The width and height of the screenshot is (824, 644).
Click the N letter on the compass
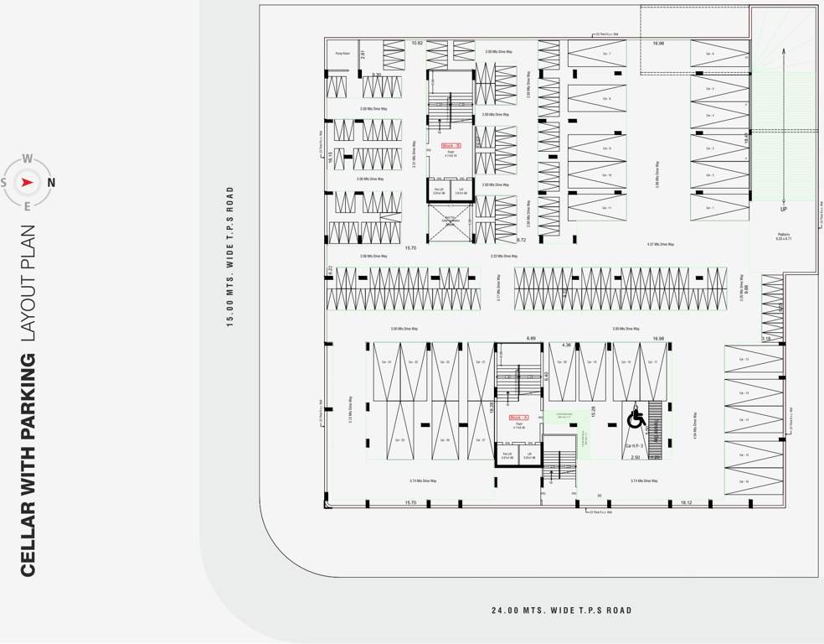(x=51, y=182)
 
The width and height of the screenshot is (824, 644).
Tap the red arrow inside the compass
(x=28, y=182)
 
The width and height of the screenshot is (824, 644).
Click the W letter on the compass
(x=28, y=158)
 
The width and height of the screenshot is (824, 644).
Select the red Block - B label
(x=451, y=145)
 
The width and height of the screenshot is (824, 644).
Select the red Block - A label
(x=518, y=417)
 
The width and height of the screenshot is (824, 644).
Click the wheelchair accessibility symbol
(x=636, y=417)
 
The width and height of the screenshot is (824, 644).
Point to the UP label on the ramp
(x=784, y=209)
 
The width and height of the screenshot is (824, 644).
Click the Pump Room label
(x=342, y=53)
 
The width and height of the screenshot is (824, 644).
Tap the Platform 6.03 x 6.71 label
(x=784, y=236)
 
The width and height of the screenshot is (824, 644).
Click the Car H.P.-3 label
(x=634, y=446)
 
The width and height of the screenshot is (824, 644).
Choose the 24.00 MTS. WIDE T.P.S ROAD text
(x=561, y=610)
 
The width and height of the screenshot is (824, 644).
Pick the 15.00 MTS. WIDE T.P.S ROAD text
(x=229, y=256)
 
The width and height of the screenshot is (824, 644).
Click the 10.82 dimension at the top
(x=417, y=43)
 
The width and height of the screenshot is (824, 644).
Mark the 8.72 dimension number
(x=522, y=241)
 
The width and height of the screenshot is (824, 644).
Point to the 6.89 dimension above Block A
(x=531, y=338)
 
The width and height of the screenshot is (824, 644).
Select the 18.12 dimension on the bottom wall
(x=686, y=502)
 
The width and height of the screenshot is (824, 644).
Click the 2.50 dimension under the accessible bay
(x=635, y=458)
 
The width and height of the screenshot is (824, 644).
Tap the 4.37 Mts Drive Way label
(x=660, y=244)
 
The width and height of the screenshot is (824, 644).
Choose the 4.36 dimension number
(x=566, y=345)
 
